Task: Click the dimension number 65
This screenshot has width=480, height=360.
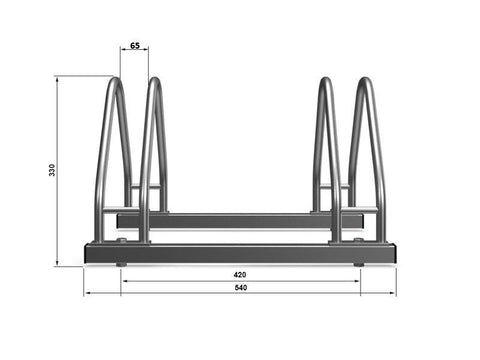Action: click(x=135, y=45)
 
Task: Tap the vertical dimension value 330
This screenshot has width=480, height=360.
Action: click(x=52, y=170)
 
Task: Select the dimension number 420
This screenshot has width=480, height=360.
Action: click(x=240, y=275)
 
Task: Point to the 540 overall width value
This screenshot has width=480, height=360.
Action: click(x=240, y=287)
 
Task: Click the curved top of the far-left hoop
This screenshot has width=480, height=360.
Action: click(x=115, y=80)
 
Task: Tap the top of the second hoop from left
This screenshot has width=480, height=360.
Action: click(x=155, y=80)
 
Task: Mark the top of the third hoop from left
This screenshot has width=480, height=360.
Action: click(x=326, y=80)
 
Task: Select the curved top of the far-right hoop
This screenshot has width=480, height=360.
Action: click(x=365, y=80)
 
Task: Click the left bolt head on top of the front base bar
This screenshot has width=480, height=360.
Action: click(x=121, y=241)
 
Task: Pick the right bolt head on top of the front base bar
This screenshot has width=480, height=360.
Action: click(x=358, y=241)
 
